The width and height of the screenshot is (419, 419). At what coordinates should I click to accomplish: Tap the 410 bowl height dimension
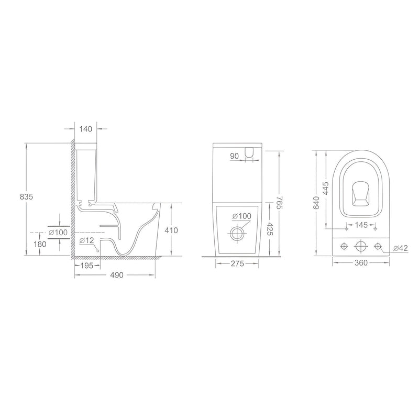(171, 230)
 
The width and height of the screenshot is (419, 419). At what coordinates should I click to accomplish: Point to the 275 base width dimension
(237, 264)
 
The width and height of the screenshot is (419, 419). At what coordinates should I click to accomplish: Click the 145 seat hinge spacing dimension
(361, 225)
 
